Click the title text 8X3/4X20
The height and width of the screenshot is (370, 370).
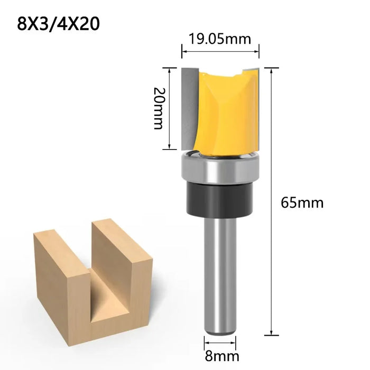59,24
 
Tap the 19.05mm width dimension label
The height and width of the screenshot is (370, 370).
221,38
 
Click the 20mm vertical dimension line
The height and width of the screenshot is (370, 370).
169,108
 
